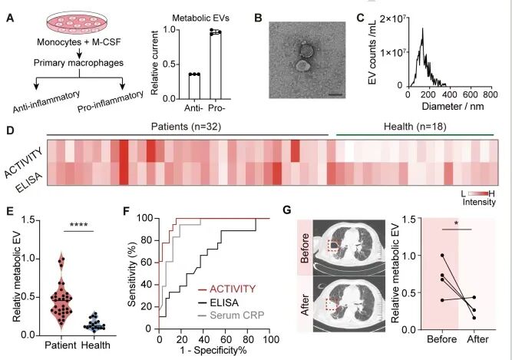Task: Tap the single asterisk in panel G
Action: pos(458,226)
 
